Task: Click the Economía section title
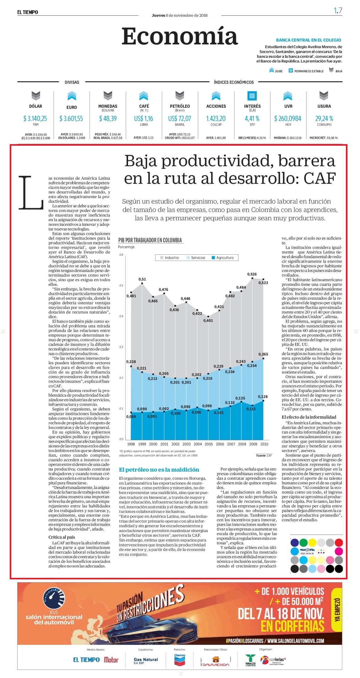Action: [180, 36]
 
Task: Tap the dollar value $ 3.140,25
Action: [35, 118]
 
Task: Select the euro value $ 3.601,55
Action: [71, 118]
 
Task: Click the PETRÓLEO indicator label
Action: [180, 106]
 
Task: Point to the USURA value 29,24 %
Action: [324, 118]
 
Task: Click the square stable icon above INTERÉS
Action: [252, 95]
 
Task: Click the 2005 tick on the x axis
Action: [209, 444]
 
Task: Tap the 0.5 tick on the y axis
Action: [121, 285]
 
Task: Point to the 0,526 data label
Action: [252, 274]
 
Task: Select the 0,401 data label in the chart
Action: [208, 321]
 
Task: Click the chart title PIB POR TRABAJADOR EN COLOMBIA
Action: [150, 240]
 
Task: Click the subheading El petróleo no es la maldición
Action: [159, 470]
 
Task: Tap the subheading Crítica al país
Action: [62, 537]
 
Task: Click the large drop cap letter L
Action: [31, 193]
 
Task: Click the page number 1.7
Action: [338, 11]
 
